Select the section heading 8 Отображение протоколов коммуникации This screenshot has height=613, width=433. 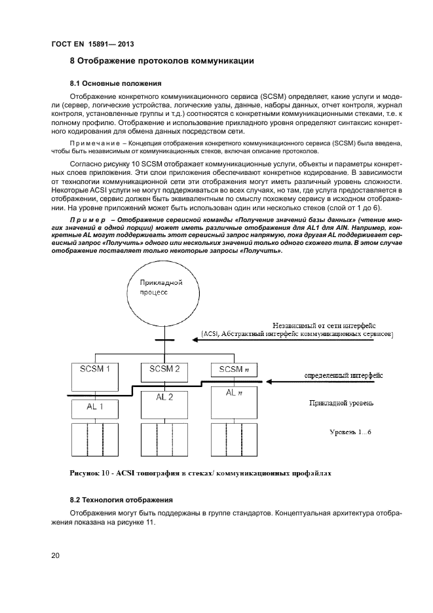(x=162, y=62)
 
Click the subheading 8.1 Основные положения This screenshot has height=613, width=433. (x=111, y=84)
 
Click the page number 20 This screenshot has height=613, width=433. (x=56, y=556)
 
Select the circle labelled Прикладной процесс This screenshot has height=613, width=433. (x=161, y=292)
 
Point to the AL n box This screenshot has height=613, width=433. (x=234, y=401)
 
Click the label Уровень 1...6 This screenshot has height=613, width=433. (x=350, y=432)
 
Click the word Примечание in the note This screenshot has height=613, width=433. (x=95, y=143)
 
